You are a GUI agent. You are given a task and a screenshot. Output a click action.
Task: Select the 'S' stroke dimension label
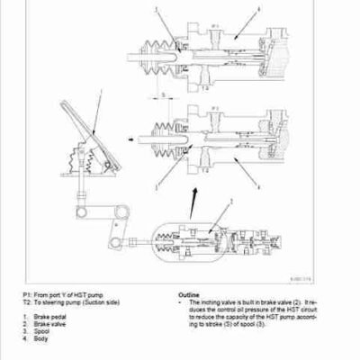161,93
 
